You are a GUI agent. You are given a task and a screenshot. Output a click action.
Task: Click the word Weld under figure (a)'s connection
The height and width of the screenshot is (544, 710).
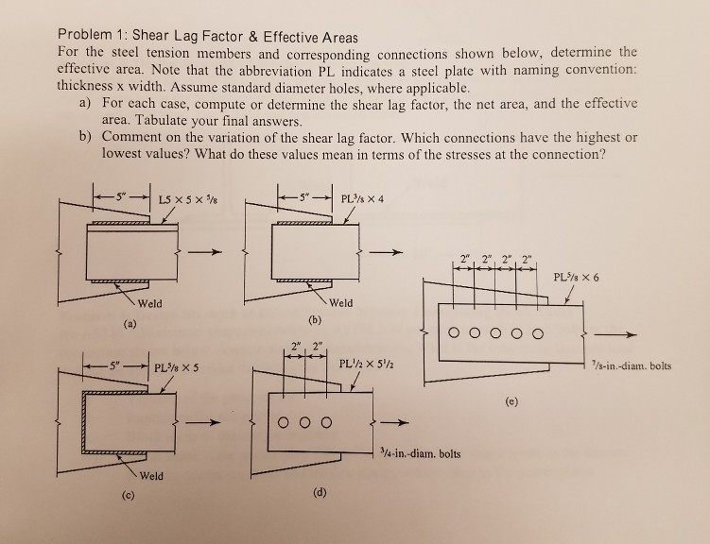pyautogui.click(x=148, y=304)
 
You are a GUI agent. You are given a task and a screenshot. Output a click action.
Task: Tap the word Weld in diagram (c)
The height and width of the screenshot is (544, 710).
pyautogui.click(x=152, y=475)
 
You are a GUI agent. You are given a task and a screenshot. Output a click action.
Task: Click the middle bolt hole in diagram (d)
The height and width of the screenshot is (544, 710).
pyautogui.click(x=305, y=420)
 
